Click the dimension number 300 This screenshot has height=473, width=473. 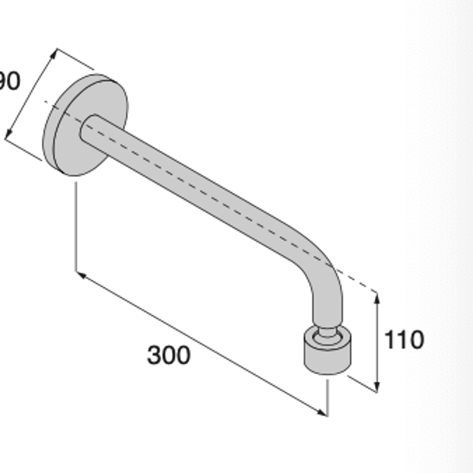[x=169, y=355]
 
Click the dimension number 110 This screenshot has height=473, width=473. [x=404, y=340]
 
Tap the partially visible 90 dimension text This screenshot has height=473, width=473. [x=10, y=81]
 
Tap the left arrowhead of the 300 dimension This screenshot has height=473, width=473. [x=81, y=275]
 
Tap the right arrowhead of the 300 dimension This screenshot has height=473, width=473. [x=322, y=413]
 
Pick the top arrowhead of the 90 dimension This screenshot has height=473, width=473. [x=54, y=53]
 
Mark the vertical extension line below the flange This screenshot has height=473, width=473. [x=76, y=226]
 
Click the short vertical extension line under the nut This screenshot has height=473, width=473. [x=328, y=398]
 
